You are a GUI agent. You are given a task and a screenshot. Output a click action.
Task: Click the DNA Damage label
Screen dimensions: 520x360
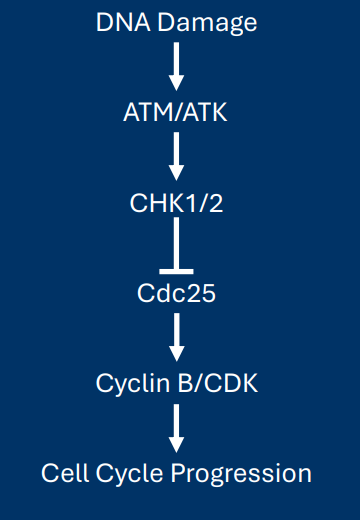tap(176, 21)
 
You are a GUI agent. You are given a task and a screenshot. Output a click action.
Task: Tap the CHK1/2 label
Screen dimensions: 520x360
tap(176, 202)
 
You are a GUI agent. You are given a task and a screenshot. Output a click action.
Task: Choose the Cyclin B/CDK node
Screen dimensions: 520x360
tap(176, 382)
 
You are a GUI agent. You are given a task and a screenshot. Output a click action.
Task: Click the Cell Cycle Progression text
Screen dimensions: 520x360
tap(176, 472)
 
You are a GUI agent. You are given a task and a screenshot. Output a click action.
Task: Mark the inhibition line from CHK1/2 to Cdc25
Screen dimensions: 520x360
tap(176, 245)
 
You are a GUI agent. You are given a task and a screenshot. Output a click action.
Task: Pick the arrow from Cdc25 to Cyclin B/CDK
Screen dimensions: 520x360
tap(176, 337)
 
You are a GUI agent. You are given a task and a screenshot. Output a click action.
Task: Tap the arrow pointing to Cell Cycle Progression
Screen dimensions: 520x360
tap(176, 427)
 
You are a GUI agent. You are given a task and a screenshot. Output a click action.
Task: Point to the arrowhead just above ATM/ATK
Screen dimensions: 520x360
tap(176, 81)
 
